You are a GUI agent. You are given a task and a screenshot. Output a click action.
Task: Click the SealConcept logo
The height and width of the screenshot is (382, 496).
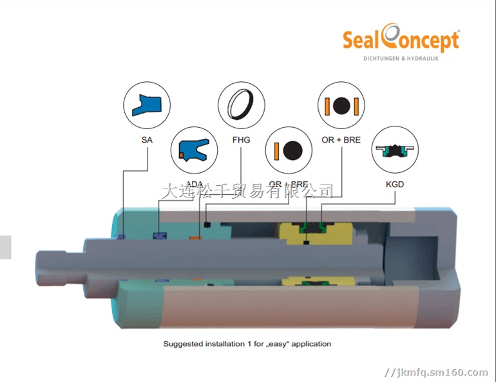pyautogui.click(x=401, y=41)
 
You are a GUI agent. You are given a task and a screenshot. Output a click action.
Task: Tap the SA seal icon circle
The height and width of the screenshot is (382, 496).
pyautogui.click(x=147, y=105)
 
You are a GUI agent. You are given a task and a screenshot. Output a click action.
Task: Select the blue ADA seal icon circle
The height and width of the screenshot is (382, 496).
pyautogui.click(x=193, y=150)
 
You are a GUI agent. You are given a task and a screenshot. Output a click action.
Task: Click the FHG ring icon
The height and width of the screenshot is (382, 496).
pyautogui.click(x=241, y=105)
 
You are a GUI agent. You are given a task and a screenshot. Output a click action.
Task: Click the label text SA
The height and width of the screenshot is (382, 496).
pyautogui.click(x=147, y=139)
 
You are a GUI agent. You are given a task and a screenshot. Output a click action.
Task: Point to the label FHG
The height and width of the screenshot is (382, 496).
pyautogui.click(x=241, y=139)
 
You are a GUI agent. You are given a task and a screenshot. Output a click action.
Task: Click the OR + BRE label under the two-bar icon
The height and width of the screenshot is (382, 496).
pyautogui.click(x=341, y=139)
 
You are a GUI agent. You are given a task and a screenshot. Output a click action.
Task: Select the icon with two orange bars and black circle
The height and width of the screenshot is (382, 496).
pyautogui.click(x=341, y=105)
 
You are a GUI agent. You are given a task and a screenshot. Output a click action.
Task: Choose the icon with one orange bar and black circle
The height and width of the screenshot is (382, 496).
pyautogui.click(x=289, y=150)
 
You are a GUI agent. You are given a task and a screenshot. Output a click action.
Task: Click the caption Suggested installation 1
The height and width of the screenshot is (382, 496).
pyautogui.click(x=247, y=344)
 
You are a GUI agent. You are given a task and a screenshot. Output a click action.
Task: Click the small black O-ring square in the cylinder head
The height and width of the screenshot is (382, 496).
pyautogui.click(x=207, y=225)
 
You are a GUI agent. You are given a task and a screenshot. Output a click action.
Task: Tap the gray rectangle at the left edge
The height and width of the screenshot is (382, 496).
pyautogui.click(x=5, y=247)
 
